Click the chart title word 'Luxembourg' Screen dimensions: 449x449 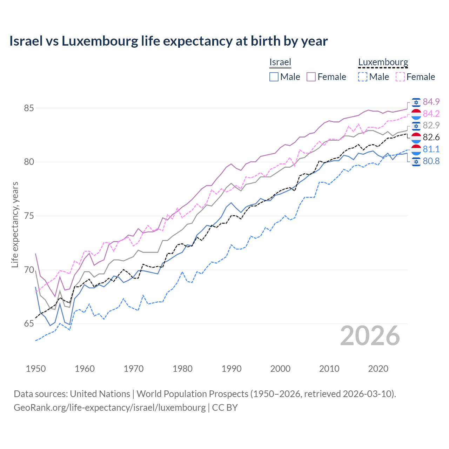(100, 41)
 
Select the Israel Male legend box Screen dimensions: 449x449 (274, 77)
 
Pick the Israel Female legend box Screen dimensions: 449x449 (311, 77)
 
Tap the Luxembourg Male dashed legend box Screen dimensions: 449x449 (363, 77)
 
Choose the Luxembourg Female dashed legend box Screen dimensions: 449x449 (400, 77)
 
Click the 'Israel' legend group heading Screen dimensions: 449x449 (280, 62)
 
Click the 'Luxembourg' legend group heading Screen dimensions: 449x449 (383, 62)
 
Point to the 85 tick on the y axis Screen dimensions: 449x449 (29, 108)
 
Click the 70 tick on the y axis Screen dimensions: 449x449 (29, 270)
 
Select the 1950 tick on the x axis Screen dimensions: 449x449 (36, 369)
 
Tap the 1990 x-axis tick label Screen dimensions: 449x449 (232, 369)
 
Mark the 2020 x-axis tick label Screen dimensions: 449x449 (378, 369)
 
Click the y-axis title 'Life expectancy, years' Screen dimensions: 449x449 (15, 224)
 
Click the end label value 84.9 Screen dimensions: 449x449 (431, 102)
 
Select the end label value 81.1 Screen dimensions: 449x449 (431, 149)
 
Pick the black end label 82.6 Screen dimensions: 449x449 (431, 137)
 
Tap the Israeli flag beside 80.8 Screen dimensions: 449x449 (416, 161)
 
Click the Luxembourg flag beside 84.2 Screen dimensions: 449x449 (416, 114)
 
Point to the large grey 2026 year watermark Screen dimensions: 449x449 (370, 336)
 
